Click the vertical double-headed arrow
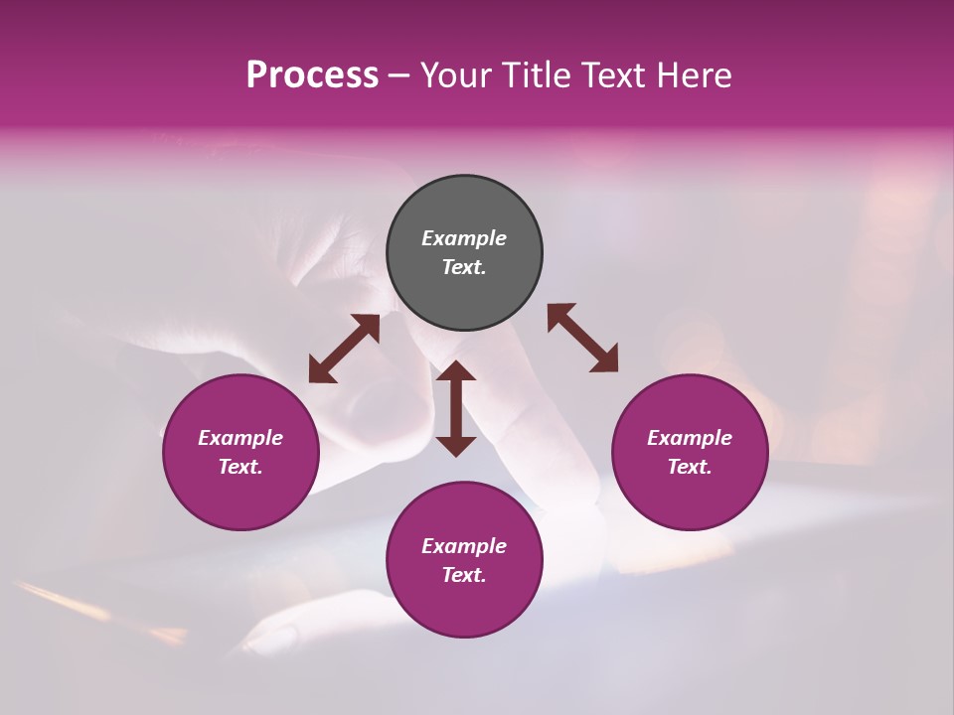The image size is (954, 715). pyautogui.click(x=456, y=408)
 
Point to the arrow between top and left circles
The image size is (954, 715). pyautogui.click(x=344, y=349)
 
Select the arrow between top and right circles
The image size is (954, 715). pyautogui.click(x=582, y=338)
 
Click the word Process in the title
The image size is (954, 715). pyautogui.click(x=312, y=75)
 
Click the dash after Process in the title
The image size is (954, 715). pyautogui.click(x=399, y=75)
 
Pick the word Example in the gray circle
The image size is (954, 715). pyautogui.click(x=464, y=238)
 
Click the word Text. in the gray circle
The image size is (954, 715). pyautogui.click(x=464, y=267)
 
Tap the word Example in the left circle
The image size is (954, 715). pyautogui.click(x=240, y=438)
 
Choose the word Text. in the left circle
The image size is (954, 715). pyautogui.click(x=240, y=467)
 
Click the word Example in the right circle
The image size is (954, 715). pyautogui.click(x=690, y=438)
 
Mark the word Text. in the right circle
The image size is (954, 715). pyautogui.click(x=690, y=467)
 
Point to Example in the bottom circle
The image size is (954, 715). pyautogui.click(x=464, y=546)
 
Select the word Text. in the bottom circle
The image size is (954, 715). pyautogui.click(x=464, y=575)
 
